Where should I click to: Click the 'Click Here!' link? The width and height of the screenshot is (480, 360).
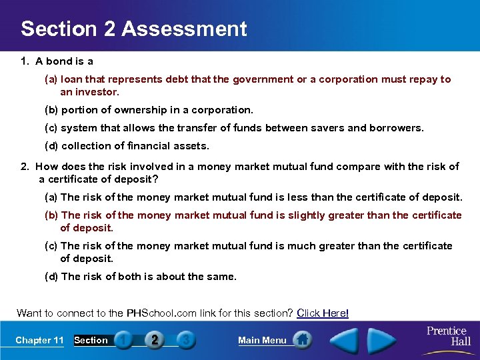point(323,313)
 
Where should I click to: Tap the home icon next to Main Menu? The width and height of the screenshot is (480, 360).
point(302,340)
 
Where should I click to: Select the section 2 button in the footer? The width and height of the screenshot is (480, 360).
point(155,340)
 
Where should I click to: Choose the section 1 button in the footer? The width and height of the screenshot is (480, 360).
point(123,340)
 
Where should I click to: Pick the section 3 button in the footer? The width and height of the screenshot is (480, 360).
point(186,340)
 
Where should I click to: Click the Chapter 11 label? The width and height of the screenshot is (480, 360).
point(39,341)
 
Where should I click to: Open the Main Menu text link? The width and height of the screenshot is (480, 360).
point(262,341)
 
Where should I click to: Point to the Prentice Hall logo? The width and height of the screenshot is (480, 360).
point(447,336)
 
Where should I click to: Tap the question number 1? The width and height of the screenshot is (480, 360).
point(24,61)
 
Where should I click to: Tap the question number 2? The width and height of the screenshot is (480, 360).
point(25,167)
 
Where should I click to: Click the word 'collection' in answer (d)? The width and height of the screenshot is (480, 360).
point(85,145)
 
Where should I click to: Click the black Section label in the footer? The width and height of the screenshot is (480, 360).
point(91,341)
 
